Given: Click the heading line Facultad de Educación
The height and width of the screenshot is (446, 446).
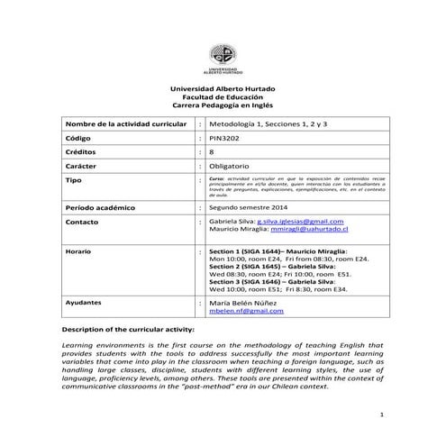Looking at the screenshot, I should coord(223,96).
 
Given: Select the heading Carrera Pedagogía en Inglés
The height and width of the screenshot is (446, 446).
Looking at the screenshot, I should coord(223,105).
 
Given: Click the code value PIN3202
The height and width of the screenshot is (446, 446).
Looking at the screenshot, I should coord(224,140).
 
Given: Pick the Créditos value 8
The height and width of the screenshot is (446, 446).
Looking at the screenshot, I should coord(212,153).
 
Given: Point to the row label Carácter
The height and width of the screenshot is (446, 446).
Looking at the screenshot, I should coord(84,168).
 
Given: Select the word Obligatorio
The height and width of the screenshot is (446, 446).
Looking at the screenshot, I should coord(231,168).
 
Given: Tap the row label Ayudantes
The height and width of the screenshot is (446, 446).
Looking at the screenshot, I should coord(86,302).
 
